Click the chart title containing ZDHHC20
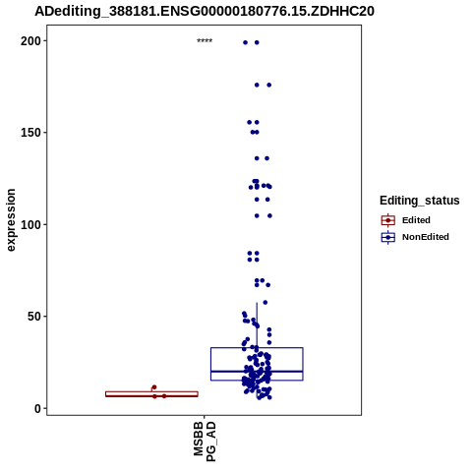205,11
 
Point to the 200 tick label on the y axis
30,41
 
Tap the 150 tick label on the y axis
30,133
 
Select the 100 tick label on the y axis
30,225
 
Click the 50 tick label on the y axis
34,317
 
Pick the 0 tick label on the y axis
38,409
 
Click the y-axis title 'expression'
11,220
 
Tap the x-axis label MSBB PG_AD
205,442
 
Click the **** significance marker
205,41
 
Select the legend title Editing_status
420,201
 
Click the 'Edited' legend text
416,220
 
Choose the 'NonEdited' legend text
426,237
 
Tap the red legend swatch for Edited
388,220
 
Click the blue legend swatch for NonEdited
388,237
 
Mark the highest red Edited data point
154,387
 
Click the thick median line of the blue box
257,372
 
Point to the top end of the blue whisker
257,303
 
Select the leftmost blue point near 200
245,42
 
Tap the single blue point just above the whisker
265,302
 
